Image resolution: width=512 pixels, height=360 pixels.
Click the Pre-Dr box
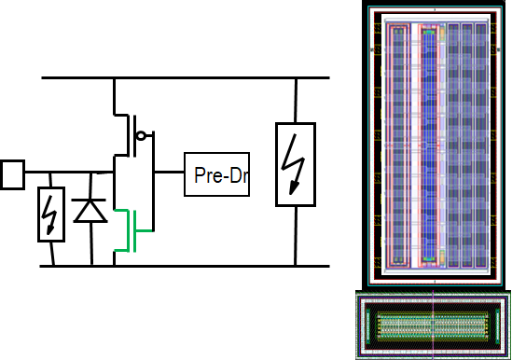pyautogui.click(x=216, y=174)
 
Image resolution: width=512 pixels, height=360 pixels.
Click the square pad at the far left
pyautogui.click(x=12, y=174)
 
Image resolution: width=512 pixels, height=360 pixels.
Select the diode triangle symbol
pyautogui.click(x=90, y=211)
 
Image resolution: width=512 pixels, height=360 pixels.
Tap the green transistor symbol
pyautogui.click(x=129, y=230)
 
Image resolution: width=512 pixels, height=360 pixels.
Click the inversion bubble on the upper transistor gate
pyautogui.click(x=141, y=135)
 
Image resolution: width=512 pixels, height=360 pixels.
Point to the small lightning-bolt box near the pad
pyautogui.click(x=51, y=215)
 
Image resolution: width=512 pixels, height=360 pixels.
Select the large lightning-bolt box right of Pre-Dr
pyautogui.click(x=296, y=164)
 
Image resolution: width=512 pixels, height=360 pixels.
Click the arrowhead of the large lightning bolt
pyautogui.click(x=294, y=188)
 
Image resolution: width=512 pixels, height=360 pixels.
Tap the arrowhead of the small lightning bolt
pyautogui.click(x=49, y=230)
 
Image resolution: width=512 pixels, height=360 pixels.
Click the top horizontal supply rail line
pyautogui.click(x=186, y=77)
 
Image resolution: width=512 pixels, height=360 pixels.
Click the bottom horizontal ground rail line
pyautogui.click(x=185, y=266)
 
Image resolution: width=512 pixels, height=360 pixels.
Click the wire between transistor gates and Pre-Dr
pyautogui.click(x=169, y=172)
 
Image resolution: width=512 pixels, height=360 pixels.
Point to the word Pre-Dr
pyautogui.click(x=221, y=175)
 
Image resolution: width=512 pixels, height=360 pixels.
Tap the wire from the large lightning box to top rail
pyautogui.click(x=296, y=101)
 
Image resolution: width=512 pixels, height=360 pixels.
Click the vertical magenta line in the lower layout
pyautogui.click(x=433, y=325)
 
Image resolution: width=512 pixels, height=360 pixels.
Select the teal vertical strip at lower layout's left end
pyautogui.click(x=367, y=325)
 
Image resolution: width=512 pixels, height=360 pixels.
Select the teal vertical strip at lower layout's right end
pyautogui.click(x=498, y=325)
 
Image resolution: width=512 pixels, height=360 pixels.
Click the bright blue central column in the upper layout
pyautogui.click(x=429, y=145)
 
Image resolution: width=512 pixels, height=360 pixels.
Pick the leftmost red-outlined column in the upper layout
pyautogui.click(x=397, y=145)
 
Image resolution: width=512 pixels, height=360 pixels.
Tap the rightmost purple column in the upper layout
pyautogui.click(x=481, y=145)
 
